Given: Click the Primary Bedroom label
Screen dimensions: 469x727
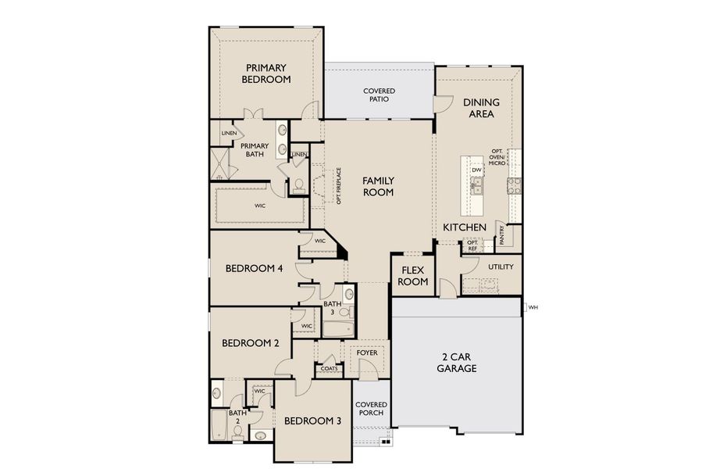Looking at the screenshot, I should (265, 73).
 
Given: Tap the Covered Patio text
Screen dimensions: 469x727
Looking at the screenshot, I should (379, 95).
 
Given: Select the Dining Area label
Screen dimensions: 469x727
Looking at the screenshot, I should (481, 108).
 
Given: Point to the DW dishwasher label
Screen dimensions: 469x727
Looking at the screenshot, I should (476, 170).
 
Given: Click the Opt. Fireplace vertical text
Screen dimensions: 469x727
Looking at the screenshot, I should (339, 186).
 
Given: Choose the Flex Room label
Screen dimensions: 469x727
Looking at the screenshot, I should (413, 276).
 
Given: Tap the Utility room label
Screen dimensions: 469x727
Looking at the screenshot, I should (501, 267).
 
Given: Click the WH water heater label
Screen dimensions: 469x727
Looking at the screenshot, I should (534, 307).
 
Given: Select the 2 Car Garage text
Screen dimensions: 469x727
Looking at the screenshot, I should (457, 362).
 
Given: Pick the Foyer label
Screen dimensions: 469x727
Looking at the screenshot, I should (367, 353).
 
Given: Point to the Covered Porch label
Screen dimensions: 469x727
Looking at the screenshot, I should (371, 409).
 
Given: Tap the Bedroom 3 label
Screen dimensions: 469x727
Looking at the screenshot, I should (312, 421).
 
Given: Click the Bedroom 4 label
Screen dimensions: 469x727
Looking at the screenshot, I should (254, 269).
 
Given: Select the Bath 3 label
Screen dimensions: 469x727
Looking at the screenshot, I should (333, 308).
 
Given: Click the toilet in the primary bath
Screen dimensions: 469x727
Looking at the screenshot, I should (298, 186).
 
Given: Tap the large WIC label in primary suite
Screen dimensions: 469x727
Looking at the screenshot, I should (260, 206).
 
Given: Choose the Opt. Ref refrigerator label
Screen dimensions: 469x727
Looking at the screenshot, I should (472, 245).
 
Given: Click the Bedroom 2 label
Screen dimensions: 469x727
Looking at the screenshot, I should (250, 343).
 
